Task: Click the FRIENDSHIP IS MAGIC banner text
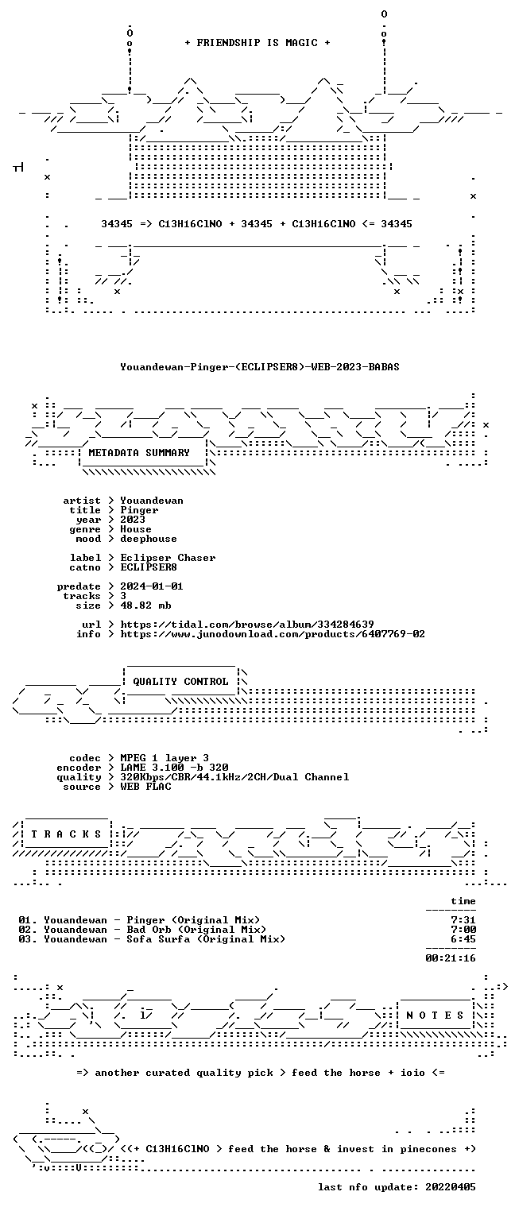tap(257, 43)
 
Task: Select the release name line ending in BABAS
tap(260, 367)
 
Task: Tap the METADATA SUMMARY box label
tap(139, 452)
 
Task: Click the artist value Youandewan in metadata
tap(152, 501)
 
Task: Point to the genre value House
tap(136, 529)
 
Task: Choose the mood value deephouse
tap(149, 539)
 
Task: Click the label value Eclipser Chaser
tap(168, 558)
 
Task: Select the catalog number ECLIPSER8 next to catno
tap(149, 567)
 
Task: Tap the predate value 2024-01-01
tap(152, 586)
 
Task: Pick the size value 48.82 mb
tap(145, 605)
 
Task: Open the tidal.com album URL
tap(246, 625)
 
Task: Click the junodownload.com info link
tap(272, 634)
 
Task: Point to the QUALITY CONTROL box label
tap(180, 682)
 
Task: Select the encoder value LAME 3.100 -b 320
tap(174, 768)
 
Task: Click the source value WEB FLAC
tap(145, 787)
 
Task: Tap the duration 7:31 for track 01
tap(463, 920)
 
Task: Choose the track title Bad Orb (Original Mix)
tap(196, 930)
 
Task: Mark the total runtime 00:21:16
tap(451, 958)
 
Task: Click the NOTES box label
tap(435, 1016)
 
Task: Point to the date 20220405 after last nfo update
tap(451, 1187)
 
